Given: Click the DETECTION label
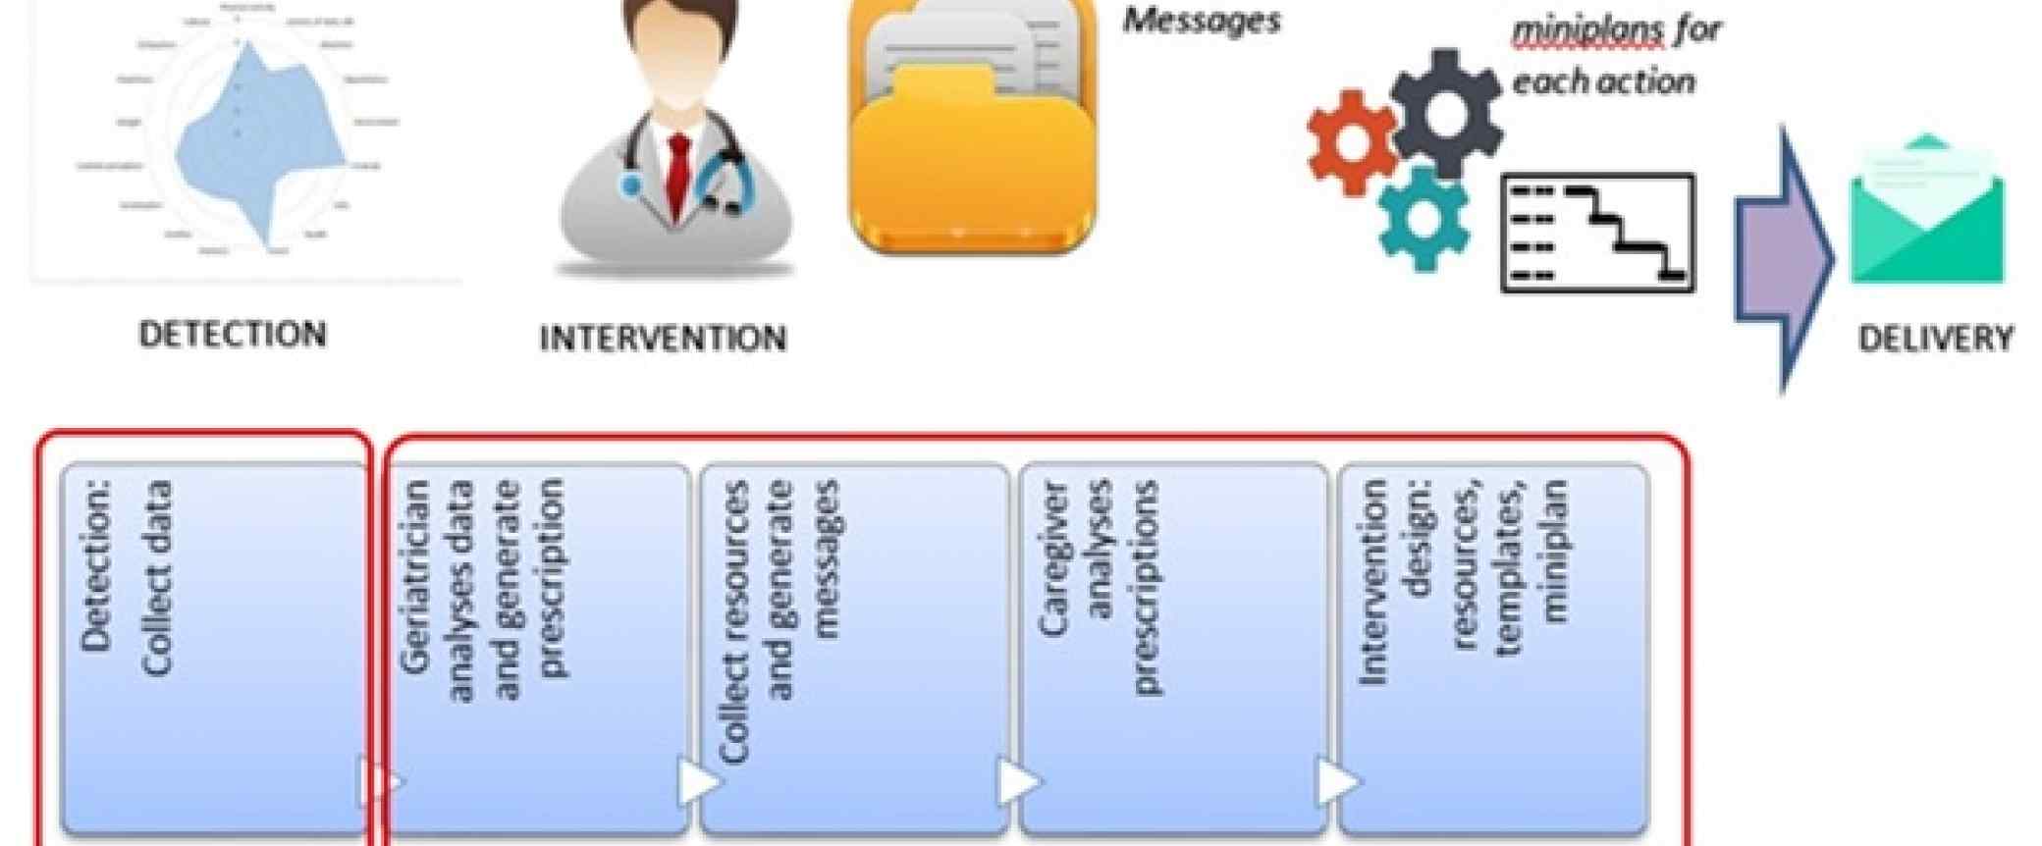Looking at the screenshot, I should pos(232,334).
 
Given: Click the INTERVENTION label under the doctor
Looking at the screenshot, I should pos(663,339).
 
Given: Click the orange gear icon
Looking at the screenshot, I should pos(1352,140).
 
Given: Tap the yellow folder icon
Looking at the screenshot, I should pos(972,147).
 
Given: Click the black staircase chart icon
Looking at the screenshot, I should pos(1598,233).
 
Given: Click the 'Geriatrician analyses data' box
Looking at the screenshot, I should pos(538,648).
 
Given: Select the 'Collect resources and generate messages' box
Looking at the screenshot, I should pos(854,648).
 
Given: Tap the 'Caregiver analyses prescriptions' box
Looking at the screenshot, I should pos(1173,648).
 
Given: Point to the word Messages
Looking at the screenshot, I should pos(1202,20).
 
